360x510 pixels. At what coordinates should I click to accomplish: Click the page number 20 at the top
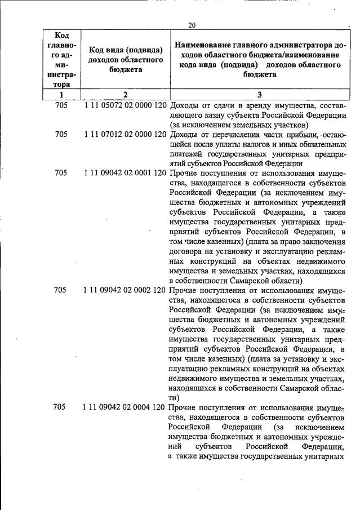pyautogui.click(x=192, y=25)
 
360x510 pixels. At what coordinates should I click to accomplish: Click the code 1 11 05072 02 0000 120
pyautogui.click(x=124, y=105)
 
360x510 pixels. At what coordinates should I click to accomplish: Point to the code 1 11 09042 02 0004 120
pyautogui.click(x=124, y=406)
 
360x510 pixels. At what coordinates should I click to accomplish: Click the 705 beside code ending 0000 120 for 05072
pyautogui.click(x=61, y=105)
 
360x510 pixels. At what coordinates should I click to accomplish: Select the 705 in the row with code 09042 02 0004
pyautogui.click(x=61, y=406)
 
